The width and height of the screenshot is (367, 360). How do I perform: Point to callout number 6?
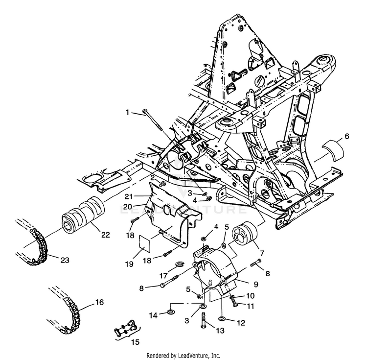pos(347,136)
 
